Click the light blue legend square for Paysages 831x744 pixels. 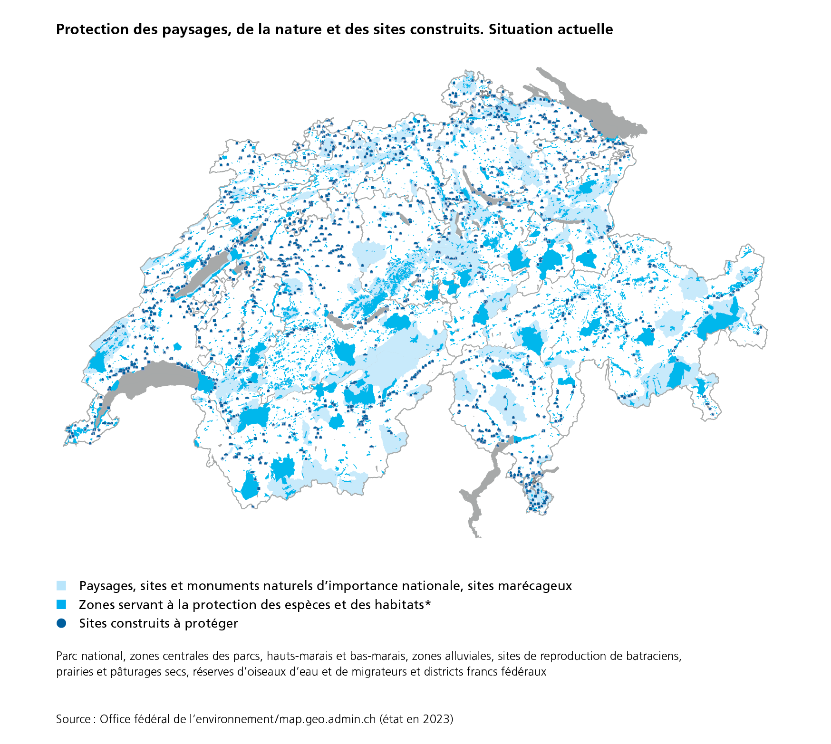(x=61, y=586)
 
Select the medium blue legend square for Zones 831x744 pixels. (x=61, y=605)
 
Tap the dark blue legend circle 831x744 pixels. (x=61, y=623)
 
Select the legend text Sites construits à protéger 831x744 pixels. (x=158, y=623)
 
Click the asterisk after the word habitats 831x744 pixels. (x=428, y=603)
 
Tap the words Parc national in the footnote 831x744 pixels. (x=89, y=656)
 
